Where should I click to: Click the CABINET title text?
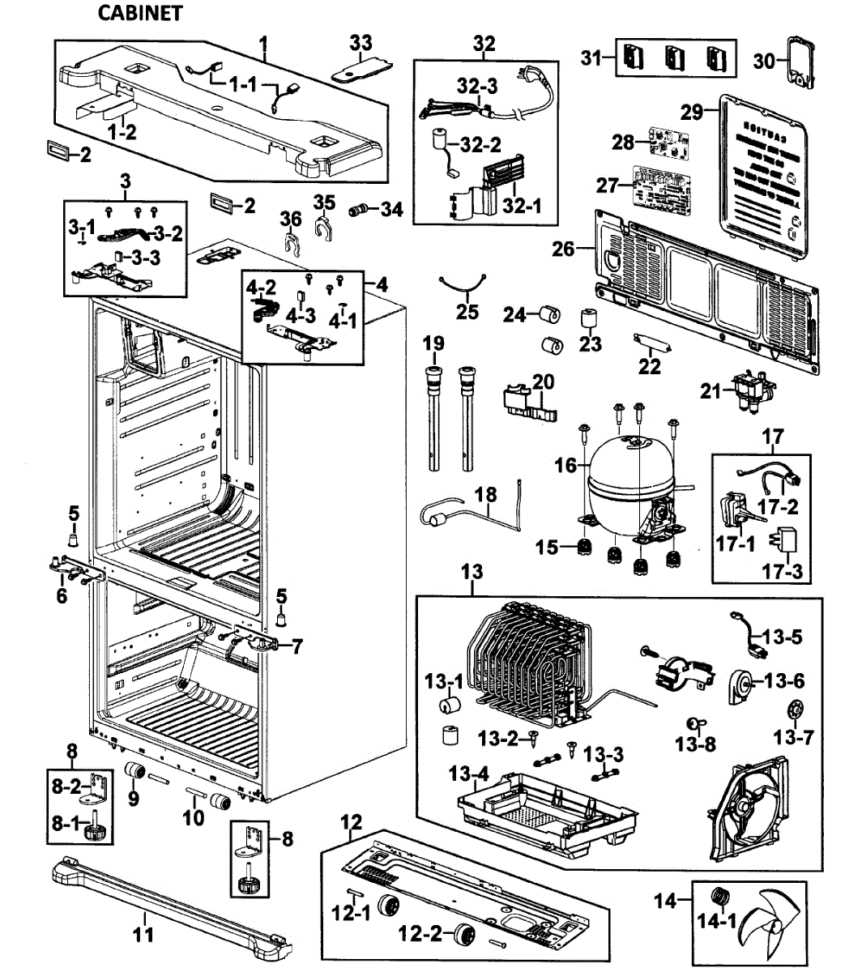tap(139, 13)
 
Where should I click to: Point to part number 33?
tap(361, 40)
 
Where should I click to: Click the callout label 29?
tap(691, 113)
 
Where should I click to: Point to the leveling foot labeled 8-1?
tap(101, 826)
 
